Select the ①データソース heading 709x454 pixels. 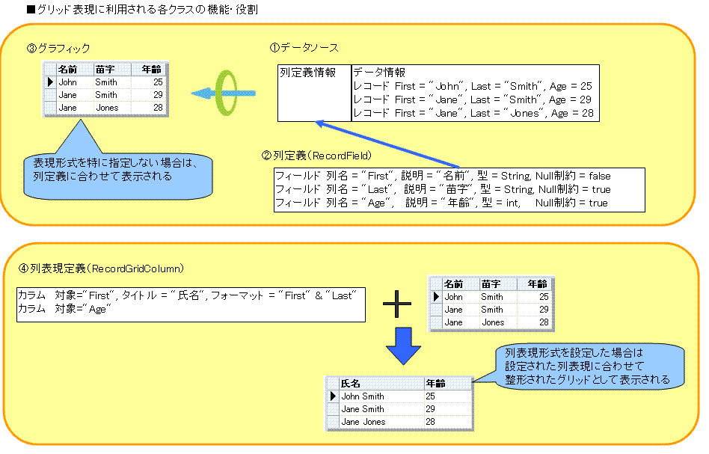coord(304,48)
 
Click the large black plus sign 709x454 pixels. coord(397,304)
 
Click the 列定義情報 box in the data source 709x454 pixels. coord(314,93)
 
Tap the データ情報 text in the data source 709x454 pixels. coord(379,73)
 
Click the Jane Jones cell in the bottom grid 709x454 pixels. coord(363,422)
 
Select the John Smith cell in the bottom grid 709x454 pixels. coord(363,396)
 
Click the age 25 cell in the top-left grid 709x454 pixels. coord(157,82)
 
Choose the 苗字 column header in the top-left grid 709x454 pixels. coord(105,70)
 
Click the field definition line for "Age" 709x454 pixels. coord(441,203)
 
